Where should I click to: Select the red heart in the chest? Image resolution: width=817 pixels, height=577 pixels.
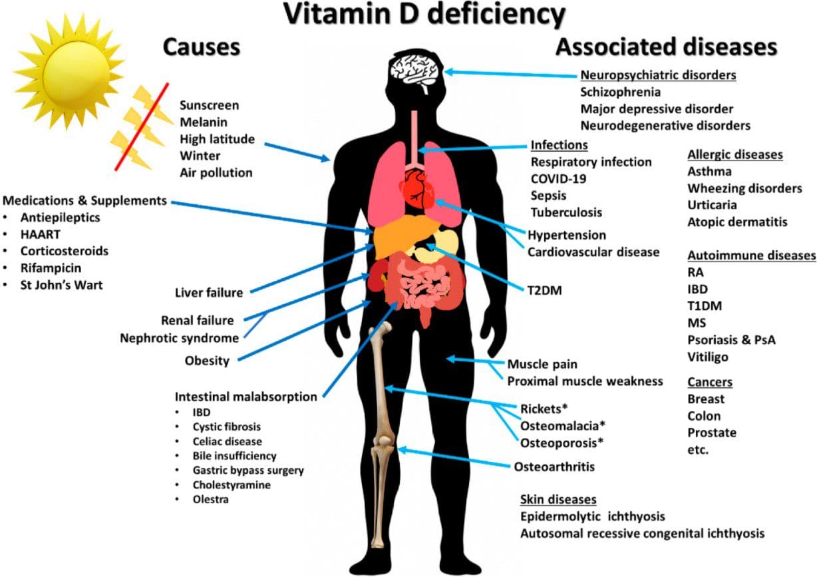tap(418, 190)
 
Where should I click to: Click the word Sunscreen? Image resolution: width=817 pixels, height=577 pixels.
tap(209, 105)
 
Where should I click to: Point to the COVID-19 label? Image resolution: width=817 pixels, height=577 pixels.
tap(558, 179)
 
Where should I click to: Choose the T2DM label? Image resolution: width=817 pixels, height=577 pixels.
tap(544, 291)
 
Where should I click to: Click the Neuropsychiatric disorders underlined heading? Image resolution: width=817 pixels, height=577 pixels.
tap(658, 75)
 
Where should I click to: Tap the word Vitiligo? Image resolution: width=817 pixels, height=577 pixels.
tap(708, 357)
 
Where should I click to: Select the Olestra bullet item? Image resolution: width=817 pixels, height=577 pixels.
tap(210, 499)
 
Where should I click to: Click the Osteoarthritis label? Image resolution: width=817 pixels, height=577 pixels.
tap(554, 467)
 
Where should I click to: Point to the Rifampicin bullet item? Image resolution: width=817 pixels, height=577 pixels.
tap(51, 268)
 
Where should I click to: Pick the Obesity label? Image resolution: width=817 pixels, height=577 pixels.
tap(207, 361)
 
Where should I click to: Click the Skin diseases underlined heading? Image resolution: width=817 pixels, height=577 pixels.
tap(558, 500)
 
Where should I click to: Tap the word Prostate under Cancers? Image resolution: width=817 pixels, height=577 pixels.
tap(712, 433)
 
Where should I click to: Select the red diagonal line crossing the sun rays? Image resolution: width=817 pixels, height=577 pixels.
tap(142, 126)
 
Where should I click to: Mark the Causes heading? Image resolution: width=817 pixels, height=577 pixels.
tap(202, 47)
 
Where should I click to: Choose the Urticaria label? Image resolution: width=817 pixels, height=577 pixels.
tap(712, 205)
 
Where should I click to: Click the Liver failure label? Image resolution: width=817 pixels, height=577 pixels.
tap(209, 293)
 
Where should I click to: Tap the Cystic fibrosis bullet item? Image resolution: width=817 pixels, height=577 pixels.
tap(226, 427)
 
